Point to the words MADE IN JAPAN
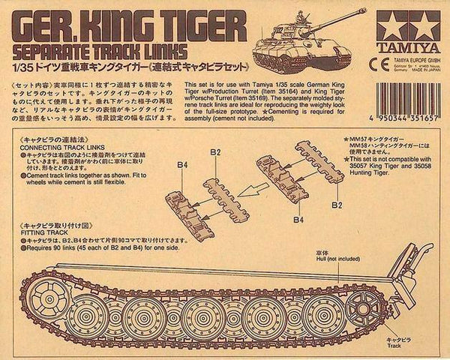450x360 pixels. [x=420, y=66]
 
